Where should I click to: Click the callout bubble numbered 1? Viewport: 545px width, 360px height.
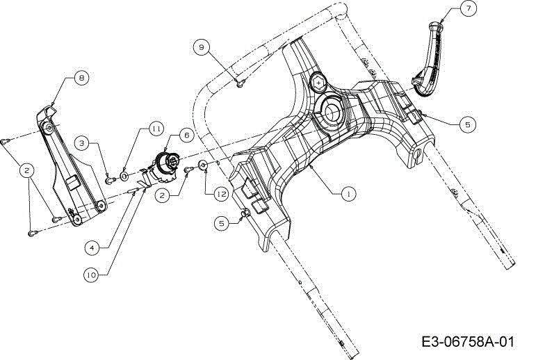(x=348, y=193)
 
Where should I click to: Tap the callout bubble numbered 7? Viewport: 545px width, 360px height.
(x=469, y=8)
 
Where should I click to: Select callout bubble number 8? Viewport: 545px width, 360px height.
(x=81, y=78)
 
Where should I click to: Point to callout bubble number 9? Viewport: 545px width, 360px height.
(x=202, y=47)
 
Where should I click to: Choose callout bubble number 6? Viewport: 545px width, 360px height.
(x=186, y=135)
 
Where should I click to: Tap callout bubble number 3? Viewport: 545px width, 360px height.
(x=81, y=143)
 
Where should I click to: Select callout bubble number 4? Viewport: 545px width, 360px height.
(x=92, y=247)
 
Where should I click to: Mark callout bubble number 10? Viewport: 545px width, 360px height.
(x=91, y=275)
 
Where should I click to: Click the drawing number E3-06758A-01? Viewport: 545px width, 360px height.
(x=467, y=342)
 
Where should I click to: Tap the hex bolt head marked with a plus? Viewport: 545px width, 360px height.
(x=318, y=83)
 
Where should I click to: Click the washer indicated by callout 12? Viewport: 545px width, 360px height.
(x=203, y=164)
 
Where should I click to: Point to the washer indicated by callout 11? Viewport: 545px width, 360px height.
(x=124, y=177)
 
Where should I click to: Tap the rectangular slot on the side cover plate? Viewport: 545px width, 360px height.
(x=72, y=183)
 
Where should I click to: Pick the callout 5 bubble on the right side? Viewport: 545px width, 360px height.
(x=467, y=124)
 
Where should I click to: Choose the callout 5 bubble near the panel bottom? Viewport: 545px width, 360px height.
(x=222, y=224)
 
